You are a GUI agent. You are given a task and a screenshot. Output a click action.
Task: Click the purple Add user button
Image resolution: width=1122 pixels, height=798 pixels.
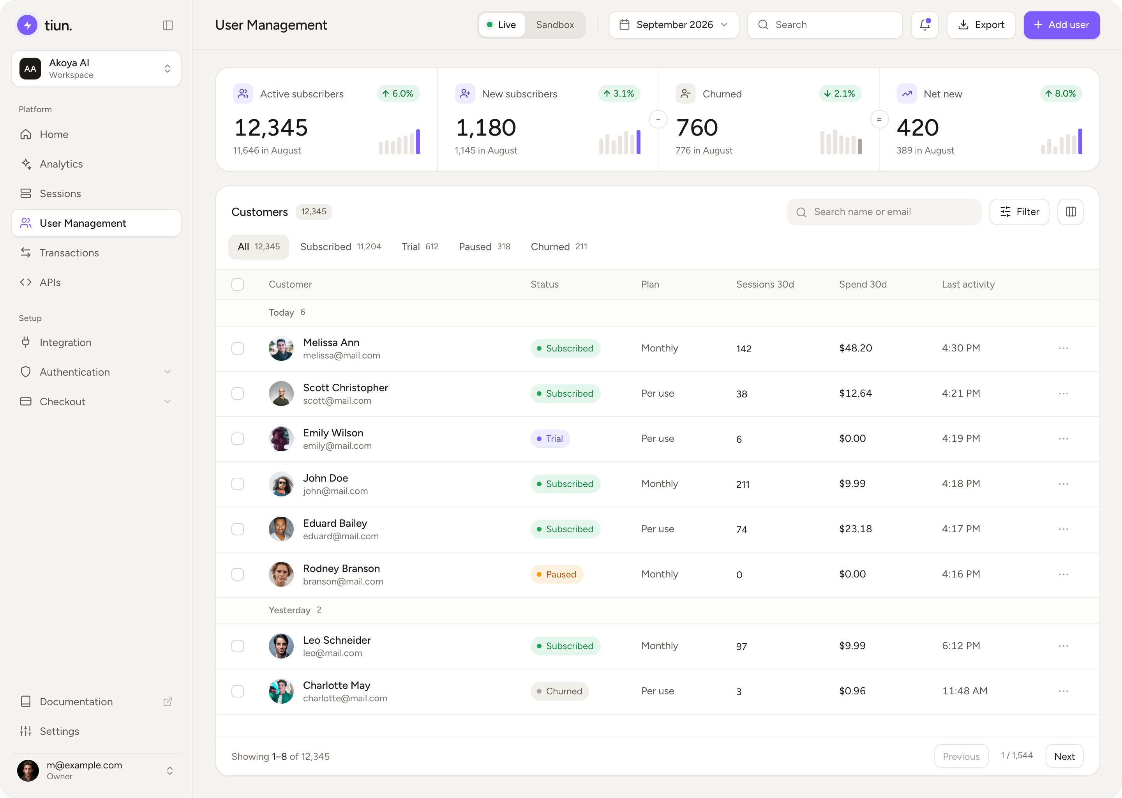pyautogui.click(x=1061, y=25)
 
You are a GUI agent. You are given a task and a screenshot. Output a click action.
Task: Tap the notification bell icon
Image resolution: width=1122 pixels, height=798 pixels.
pyautogui.click(x=924, y=25)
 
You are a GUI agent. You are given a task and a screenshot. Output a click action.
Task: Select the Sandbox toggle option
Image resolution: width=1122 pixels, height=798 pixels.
pyautogui.click(x=555, y=25)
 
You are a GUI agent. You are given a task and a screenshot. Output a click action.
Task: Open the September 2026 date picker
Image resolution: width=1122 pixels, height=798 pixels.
pyautogui.click(x=674, y=25)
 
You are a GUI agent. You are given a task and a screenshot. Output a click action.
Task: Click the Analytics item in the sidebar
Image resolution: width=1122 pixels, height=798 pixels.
pyautogui.click(x=61, y=164)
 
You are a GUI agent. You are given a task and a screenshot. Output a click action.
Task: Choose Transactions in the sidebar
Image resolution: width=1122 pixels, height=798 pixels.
pyautogui.click(x=69, y=252)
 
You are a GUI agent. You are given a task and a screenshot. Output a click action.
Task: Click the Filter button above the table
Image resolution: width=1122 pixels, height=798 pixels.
pyautogui.click(x=1019, y=212)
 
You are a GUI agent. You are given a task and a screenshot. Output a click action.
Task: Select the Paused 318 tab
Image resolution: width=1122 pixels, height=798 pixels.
pyautogui.click(x=484, y=247)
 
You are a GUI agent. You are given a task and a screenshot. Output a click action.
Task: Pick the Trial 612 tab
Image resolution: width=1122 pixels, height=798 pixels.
pyautogui.click(x=420, y=247)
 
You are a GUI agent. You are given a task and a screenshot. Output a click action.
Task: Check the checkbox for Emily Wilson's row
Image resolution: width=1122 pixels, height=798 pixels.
pyautogui.click(x=238, y=439)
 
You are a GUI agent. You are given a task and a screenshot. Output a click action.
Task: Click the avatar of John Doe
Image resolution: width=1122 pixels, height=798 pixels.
pyautogui.click(x=281, y=484)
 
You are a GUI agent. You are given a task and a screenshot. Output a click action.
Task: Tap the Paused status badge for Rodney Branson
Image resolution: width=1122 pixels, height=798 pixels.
pyautogui.click(x=557, y=574)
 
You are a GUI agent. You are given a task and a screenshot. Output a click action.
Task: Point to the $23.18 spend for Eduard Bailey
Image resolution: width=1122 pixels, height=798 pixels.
pyautogui.click(x=855, y=529)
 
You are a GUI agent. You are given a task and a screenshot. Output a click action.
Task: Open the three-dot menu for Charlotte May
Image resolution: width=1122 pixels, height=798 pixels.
pyautogui.click(x=1064, y=691)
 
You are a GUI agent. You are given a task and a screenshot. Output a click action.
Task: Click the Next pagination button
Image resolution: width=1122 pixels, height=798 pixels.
pyautogui.click(x=1064, y=757)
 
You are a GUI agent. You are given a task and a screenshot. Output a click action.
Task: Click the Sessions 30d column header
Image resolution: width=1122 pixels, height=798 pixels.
pyautogui.click(x=765, y=284)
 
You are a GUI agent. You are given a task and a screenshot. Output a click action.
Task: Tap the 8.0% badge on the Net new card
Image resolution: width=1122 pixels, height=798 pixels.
pyautogui.click(x=1061, y=94)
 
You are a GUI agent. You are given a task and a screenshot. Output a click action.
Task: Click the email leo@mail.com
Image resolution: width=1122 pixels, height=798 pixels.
pyautogui.click(x=333, y=653)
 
